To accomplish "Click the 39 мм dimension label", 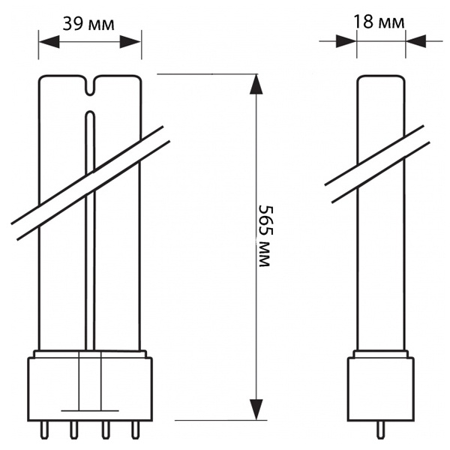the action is click(x=88, y=24).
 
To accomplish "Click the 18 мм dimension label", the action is click(x=379, y=22).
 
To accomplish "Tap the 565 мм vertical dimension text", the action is click(x=264, y=235).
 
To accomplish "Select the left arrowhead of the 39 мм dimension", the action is click(x=49, y=42).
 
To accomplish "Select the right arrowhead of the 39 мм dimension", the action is click(x=130, y=42).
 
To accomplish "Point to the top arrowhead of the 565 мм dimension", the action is click(x=256, y=84).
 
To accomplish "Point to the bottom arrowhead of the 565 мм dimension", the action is click(x=256, y=409).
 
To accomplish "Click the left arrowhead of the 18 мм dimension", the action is click(x=346, y=41).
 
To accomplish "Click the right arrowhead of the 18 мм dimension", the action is click(x=415, y=41).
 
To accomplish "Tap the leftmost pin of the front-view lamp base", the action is click(x=43, y=430).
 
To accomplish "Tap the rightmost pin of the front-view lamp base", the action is click(x=134, y=430).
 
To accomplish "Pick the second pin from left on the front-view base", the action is click(x=73, y=430).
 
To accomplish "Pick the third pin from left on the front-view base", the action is click(x=106, y=430).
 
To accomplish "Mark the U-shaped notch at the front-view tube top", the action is click(x=90, y=85).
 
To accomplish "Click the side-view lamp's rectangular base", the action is click(x=380, y=389).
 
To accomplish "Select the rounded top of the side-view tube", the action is click(x=381, y=76).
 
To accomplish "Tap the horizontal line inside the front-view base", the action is click(x=90, y=411).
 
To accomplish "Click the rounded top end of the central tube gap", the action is click(x=90, y=112).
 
